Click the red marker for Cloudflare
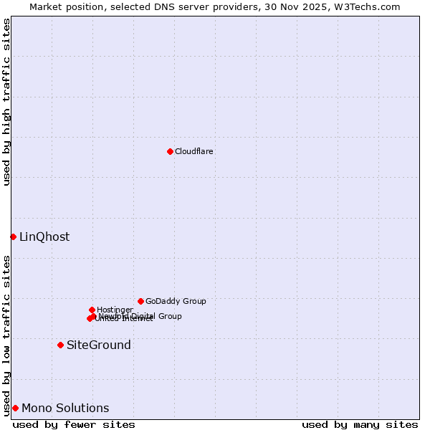(x=170, y=151)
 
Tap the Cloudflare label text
(x=194, y=152)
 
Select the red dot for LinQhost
(x=13, y=236)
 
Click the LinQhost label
(x=44, y=237)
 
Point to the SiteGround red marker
(x=61, y=345)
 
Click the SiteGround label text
(x=99, y=345)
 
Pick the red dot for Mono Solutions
(x=15, y=408)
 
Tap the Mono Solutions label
(x=65, y=408)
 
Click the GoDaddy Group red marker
(x=140, y=301)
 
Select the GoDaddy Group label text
(x=176, y=302)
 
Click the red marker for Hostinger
(x=92, y=310)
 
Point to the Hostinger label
(x=115, y=310)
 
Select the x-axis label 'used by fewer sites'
(x=74, y=424)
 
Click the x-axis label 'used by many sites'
(x=360, y=424)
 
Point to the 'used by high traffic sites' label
(x=6, y=102)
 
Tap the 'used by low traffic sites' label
(x=6, y=335)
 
